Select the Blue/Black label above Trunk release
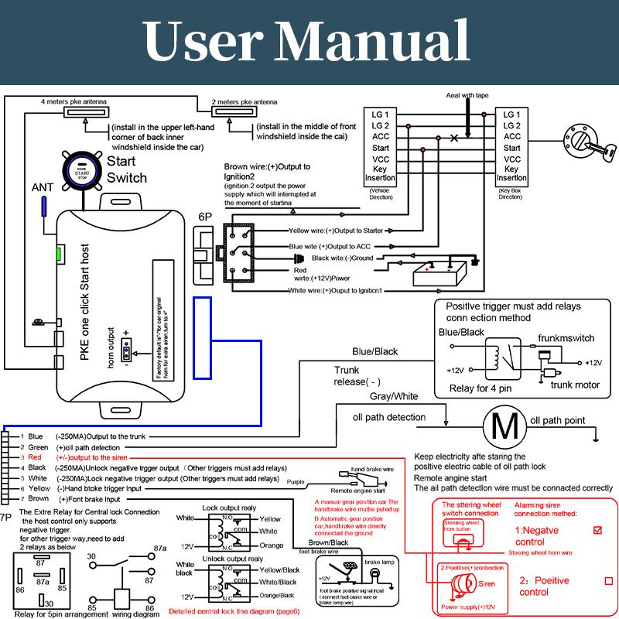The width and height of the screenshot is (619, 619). [374, 352]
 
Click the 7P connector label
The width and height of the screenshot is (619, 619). [6, 516]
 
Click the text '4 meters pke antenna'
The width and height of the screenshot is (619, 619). [74, 101]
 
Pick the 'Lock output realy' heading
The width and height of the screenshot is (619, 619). [229, 508]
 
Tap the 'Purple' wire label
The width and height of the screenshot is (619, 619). [296, 481]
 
